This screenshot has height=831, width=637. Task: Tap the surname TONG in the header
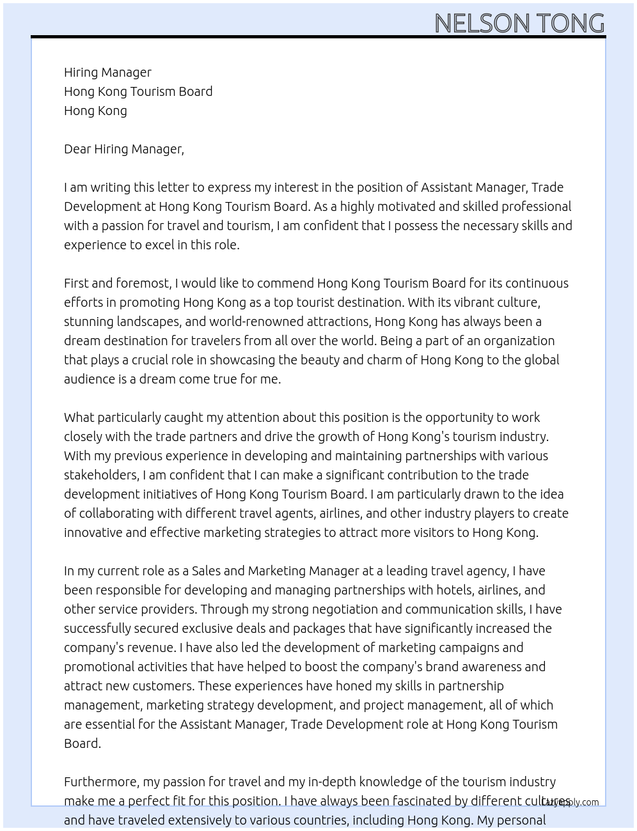click(x=570, y=24)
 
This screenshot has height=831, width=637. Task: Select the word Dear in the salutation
click(x=77, y=149)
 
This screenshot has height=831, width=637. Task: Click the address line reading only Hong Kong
click(x=95, y=111)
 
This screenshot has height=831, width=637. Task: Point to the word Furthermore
click(x=102, y=782)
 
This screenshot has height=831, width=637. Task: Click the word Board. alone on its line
click(x=82, y=743)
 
